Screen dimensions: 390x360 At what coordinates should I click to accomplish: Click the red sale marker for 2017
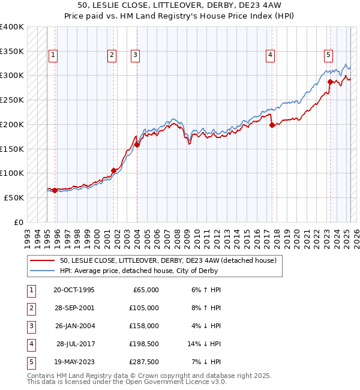tap(272, 125)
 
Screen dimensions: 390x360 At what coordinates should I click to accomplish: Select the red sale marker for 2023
tap(330, 82)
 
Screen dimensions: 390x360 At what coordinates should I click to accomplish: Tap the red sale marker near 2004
tap(137, 145)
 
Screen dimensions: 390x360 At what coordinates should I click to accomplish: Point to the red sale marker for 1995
tap(55, 190)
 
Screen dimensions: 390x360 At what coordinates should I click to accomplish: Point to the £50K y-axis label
tap(14, 197)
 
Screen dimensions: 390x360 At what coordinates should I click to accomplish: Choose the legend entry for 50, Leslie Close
tap(167, 260)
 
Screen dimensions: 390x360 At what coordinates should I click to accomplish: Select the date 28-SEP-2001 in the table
tap(74, 308)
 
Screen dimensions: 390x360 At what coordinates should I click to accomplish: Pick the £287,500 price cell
tap(145, 362)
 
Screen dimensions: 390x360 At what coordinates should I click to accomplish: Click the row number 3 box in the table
tap(30, 326)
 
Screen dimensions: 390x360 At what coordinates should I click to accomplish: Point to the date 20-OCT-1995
tap(74, 290)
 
